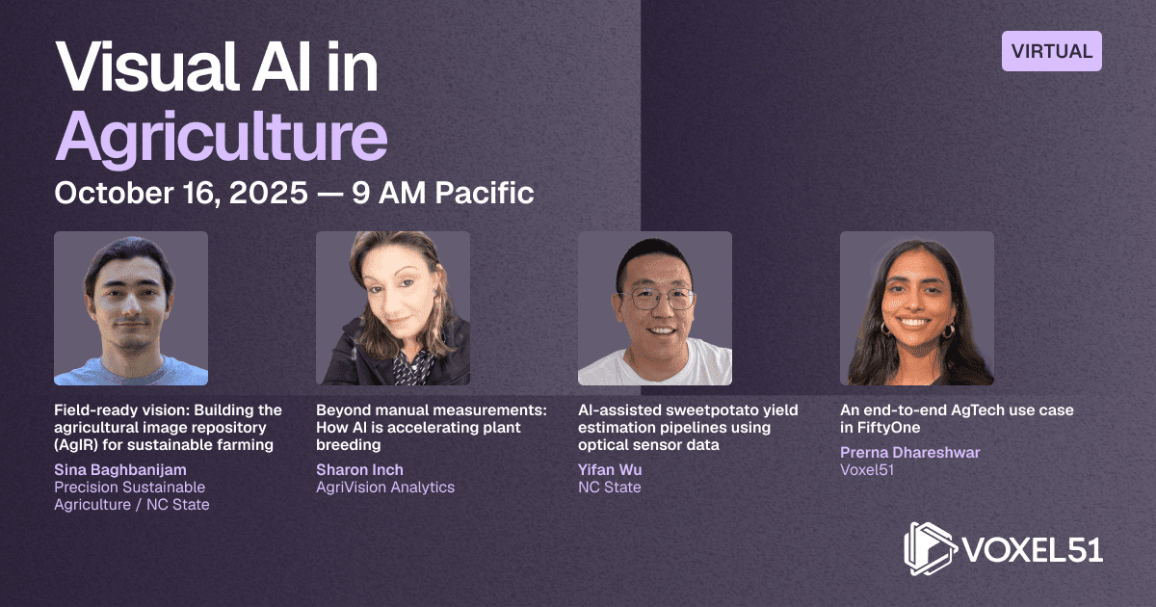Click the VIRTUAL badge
pos(1052,51)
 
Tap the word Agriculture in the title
pos(222,137)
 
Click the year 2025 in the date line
pos(269,193)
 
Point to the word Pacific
pos(484,193)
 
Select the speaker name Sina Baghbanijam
pos(120,470)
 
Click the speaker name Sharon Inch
pos(359,470)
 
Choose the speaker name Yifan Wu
pos(610,470)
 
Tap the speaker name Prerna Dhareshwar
pos(909,452)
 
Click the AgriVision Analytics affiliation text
pos(385,488)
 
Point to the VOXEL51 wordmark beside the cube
pos(1033,550)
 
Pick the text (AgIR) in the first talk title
pos(76,445)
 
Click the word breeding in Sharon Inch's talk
pos(349,445)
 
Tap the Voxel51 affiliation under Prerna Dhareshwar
pos(867,470)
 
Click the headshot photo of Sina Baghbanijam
pos(131,308)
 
